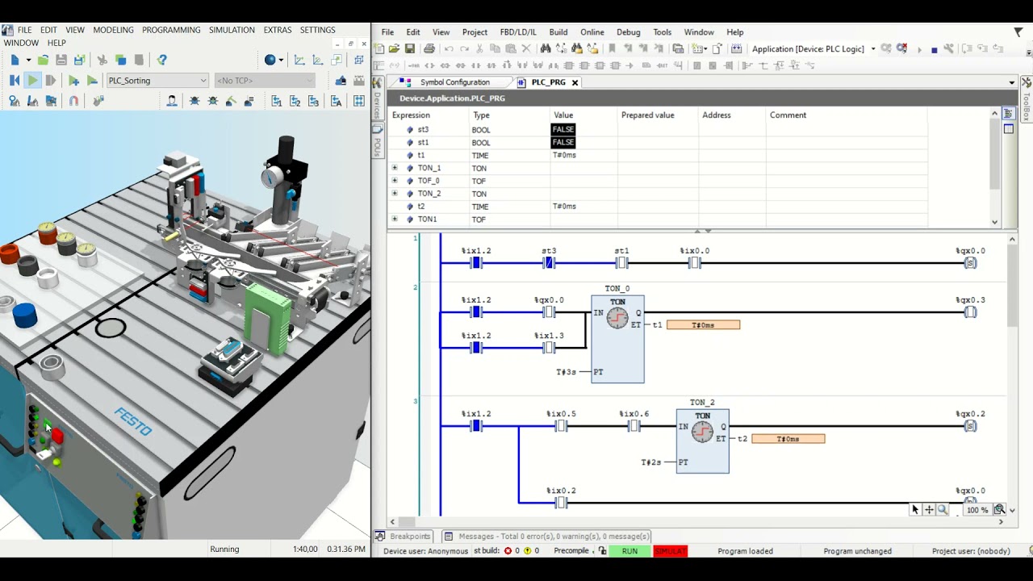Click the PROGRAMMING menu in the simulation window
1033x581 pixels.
pos(171,30)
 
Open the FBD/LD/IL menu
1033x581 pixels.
pos(517,32)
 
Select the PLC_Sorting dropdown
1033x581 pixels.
pos(157,81)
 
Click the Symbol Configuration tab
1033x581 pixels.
pos(454,82)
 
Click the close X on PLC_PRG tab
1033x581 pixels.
pos(575,82)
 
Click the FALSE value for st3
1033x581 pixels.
pos(563,130)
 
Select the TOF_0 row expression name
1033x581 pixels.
pos(429,181)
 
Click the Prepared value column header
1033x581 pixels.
pos(647,115)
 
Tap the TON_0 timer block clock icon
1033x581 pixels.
pos(617,318)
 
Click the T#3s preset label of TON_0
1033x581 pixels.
pos(566,372)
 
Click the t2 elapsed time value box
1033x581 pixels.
pos(788,439)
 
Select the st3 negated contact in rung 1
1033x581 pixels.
pos(549,263)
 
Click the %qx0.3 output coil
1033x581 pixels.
pos(970,312)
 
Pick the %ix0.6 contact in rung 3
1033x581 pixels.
pos(634,426)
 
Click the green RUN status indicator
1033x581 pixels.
pos(629,551)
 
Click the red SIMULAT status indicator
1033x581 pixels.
pos(670,551)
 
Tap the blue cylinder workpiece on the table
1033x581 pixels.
pos(25,315)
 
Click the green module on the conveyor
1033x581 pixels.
pos(266,318)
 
